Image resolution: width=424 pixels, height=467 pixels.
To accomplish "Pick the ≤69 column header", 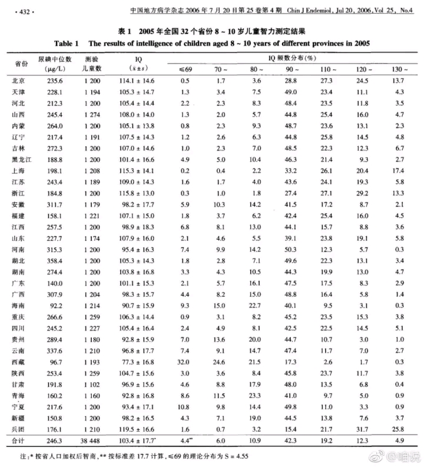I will [185, 69].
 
